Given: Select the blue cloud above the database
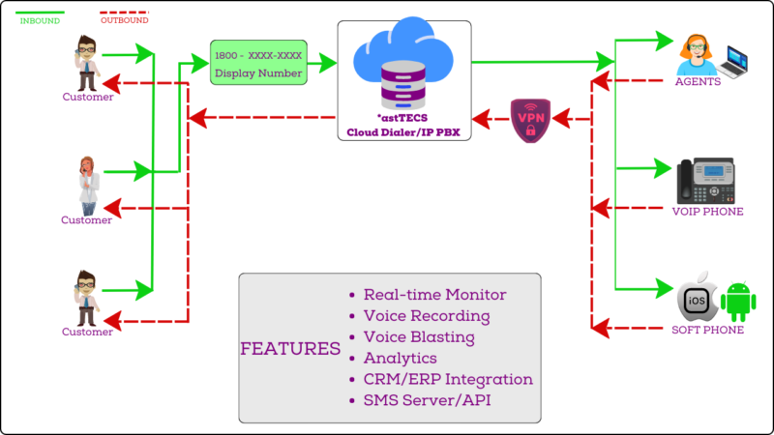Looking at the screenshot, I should pos(404,48).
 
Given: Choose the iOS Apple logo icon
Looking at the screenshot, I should pos(696,298).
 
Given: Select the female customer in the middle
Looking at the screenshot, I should pos(87,183).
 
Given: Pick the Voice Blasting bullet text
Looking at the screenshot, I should pos(419,337).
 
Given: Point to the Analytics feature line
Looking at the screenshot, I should pos(402,359).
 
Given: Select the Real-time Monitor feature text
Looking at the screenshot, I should pos(435,295).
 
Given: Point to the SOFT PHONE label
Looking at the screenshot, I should pos(708,331).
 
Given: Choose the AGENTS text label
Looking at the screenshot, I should pos(698,82).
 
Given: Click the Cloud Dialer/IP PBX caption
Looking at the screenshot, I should pos(403,133).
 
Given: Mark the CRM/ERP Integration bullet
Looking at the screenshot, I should pos(448,380).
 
